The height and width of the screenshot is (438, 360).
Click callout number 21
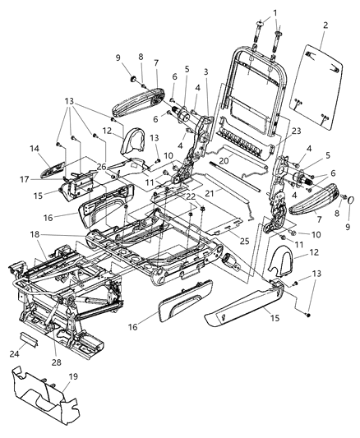point(210,192)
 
